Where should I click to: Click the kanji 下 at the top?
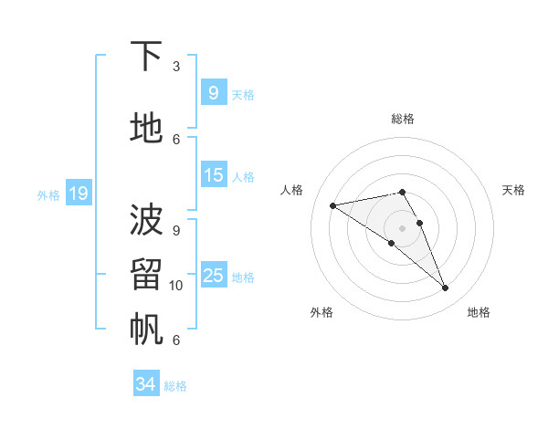pos(146,57)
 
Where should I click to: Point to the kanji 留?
pos(146,274)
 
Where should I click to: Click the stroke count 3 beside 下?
pos(176,67)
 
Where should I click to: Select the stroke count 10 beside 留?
pos(176,286)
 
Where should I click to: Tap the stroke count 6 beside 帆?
pos(176,340)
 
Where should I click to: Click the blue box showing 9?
pos(213,92)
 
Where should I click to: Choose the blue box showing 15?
pos(213,174)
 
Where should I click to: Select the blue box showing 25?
pos(213,275)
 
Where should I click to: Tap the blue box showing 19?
pos(79,193)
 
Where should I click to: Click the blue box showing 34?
pos(145,384)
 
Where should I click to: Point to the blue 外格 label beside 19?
pos(48,194)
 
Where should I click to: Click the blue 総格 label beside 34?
pos(175,386)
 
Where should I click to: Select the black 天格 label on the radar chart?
pos(513,190)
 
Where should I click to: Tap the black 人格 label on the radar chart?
pos(292,190)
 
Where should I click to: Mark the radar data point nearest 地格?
pos(446,288)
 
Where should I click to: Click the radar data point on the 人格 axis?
pos(332,205)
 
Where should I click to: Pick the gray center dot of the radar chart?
pos(402,227)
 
